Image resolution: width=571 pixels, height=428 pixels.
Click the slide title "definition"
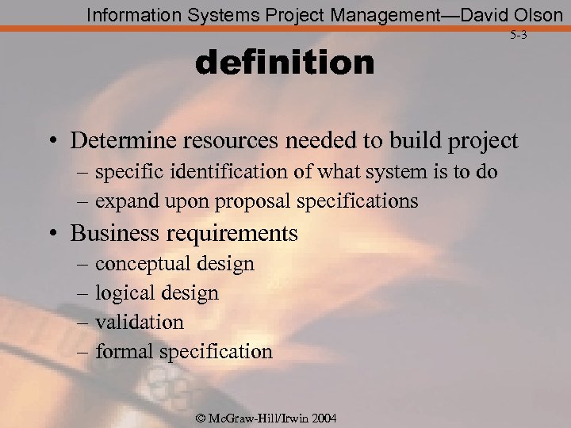[285, 63]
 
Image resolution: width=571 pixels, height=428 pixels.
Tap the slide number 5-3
[518, 35]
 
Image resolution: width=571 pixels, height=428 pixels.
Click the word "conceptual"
[146, 263]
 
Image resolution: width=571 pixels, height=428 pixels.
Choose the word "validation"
[139, 322]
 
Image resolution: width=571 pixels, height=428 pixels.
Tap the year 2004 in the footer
[323, 418]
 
